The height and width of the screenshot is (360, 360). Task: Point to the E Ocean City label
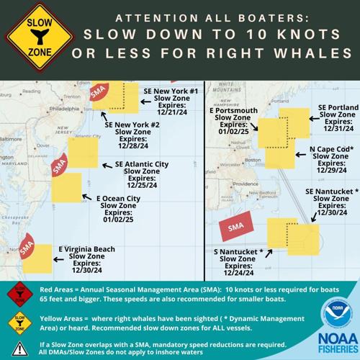click(x=118, y=198)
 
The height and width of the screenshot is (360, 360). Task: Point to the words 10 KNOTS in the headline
click(x=274, y=34)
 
